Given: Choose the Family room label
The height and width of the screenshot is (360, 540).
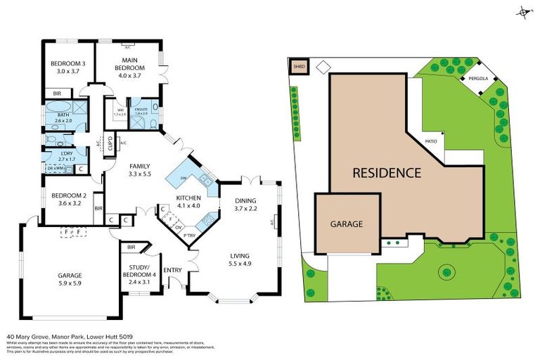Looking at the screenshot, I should [x=139, y=169].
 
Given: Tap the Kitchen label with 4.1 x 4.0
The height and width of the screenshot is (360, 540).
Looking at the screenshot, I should [x=188, y=202].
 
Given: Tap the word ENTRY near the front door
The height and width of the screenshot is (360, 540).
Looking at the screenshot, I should [x=172, y=269].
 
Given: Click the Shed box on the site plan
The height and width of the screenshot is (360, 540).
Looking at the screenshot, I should [x=298, y=67].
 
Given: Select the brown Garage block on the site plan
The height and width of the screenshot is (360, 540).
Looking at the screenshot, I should [x=347, y=224].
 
